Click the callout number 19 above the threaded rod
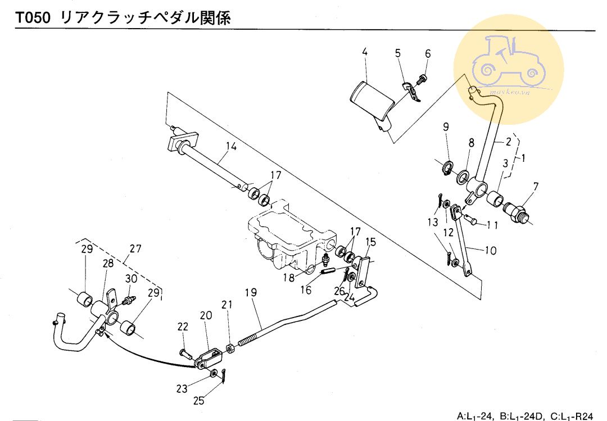click(x=251, y=293)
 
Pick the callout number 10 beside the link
click(x=490, y=251)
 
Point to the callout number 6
click(x=428, y=54)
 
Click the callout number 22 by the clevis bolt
click(x=183, y=327)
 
